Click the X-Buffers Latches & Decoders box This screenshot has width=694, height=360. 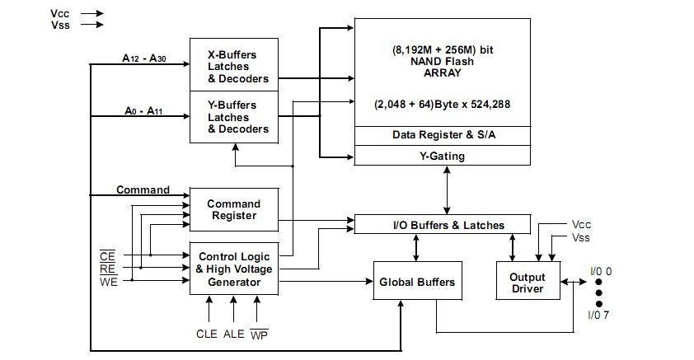pos(233,66)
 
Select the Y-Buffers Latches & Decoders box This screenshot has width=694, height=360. pos(233,117)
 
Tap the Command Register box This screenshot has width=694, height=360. pos(233,209)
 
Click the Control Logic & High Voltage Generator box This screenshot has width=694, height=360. pos(233,269)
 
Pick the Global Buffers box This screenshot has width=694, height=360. pos(416,283)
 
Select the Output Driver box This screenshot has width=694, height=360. pos(527,283)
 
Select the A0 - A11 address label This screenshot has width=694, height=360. pos(143,110)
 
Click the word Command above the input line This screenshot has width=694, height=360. pos(143,190)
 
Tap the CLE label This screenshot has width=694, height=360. pos(207,334)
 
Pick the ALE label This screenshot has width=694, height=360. pos(234,334)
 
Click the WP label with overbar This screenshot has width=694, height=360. pos(260,334)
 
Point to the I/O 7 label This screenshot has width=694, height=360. pos(599,315)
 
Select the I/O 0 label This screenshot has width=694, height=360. pos(599,271)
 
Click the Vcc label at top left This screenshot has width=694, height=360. pos(60,13)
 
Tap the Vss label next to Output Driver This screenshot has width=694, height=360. pos(581,237)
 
